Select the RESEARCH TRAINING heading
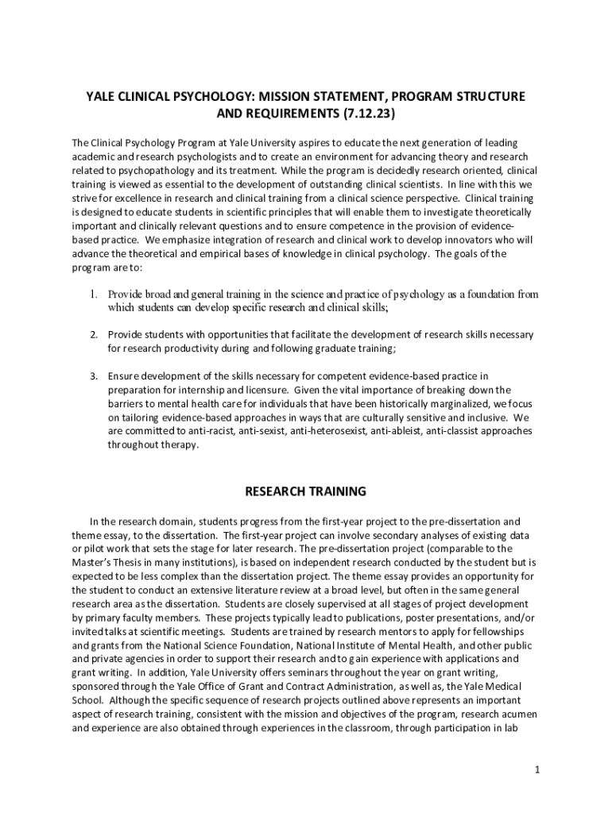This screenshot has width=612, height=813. click(x=305, y=491)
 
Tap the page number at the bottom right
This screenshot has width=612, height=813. click(x=537, y=769)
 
